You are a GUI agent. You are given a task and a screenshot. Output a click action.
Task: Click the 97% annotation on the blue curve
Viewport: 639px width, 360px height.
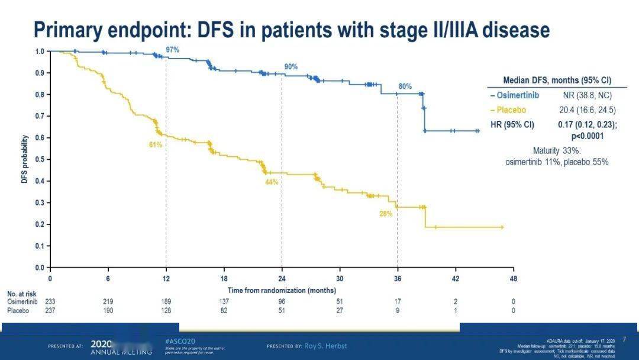[x=172, y=50]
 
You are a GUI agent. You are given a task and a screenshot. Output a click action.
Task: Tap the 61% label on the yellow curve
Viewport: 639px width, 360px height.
[x=155, y=144]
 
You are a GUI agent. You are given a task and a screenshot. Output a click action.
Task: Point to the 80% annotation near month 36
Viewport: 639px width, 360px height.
[x=405, y=86]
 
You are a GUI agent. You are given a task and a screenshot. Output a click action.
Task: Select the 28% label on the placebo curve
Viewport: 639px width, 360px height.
[x=386, y=214]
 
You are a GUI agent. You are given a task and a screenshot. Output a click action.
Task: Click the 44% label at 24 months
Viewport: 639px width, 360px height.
[x=272, y=182]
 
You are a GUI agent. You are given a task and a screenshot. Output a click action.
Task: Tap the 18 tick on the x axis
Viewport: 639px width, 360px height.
[x=224, y=278]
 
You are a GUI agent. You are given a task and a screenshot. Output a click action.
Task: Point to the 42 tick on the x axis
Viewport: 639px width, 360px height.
[x=455, y=278]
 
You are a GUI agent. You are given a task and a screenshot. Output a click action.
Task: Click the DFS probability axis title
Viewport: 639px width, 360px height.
[x=25, y=159]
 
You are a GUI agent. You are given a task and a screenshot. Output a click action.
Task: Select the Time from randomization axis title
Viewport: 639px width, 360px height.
[x=282, y=290]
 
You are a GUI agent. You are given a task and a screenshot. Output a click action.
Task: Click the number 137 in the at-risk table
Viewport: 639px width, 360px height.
[x=224, y=301]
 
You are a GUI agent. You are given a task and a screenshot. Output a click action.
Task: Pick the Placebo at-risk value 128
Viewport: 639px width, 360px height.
[x=166, y=310]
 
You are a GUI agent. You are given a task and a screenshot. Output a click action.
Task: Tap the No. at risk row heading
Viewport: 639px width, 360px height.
[x=22, y=294]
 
